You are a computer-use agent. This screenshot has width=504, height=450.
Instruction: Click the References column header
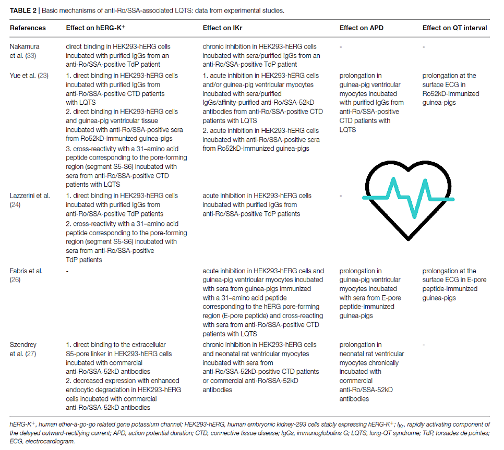coord(28,28)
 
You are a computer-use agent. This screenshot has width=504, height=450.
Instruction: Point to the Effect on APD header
coord(361,28)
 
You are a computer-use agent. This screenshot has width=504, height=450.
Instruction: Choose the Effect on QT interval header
coord(454,28)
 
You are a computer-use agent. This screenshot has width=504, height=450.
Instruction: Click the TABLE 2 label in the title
coord(25,10)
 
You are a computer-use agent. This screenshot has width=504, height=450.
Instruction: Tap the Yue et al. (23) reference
coord(29,76)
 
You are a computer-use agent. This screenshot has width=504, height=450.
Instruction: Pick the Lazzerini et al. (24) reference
coord(30,200)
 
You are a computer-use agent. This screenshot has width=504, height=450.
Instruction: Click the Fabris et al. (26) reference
coord(26,275)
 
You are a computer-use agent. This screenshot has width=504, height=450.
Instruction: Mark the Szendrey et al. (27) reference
coord(25,349)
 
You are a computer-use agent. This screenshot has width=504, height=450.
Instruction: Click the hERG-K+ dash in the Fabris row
coord(67,271)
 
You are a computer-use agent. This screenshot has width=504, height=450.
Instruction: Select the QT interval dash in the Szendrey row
coord(424,345)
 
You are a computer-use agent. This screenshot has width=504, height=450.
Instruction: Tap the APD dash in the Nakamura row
coord(341,46)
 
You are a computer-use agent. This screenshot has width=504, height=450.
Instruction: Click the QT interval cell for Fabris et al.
coord(454,284)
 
